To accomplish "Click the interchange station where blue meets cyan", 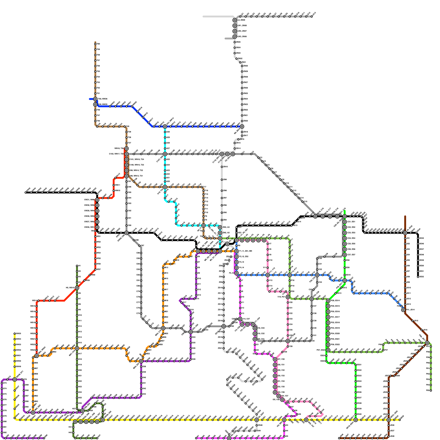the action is (165, 127).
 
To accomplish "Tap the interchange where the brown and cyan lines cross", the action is (165, 187).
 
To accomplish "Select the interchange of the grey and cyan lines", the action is (165, 154).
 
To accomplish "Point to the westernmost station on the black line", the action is (26, 193).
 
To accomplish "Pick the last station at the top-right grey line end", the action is (312, 16).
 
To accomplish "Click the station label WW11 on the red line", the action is (117, 185).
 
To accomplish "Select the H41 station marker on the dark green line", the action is (73, 427).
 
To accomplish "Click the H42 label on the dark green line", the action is (70, 433).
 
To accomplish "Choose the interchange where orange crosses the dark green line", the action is (77, 348).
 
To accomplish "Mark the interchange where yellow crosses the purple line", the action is (15, 380).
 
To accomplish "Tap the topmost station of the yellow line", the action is (15, 334).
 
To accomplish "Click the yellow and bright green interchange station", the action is (356, 420).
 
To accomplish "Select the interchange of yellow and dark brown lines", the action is (389, 420).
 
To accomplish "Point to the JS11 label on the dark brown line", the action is (409, 293).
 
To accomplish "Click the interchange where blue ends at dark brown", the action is (403, 310).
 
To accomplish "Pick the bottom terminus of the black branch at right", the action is (418, 277).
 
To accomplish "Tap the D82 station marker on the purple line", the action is (2, 433).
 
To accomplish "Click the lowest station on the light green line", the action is (431, 391).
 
